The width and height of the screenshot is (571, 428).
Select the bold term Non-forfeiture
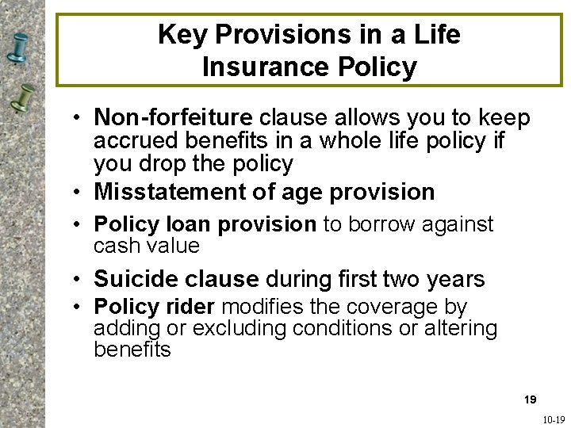[x=172, y=118]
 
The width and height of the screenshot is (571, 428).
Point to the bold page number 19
[x=530, y=399]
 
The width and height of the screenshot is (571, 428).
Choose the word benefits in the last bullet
[x=132, y=350]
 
